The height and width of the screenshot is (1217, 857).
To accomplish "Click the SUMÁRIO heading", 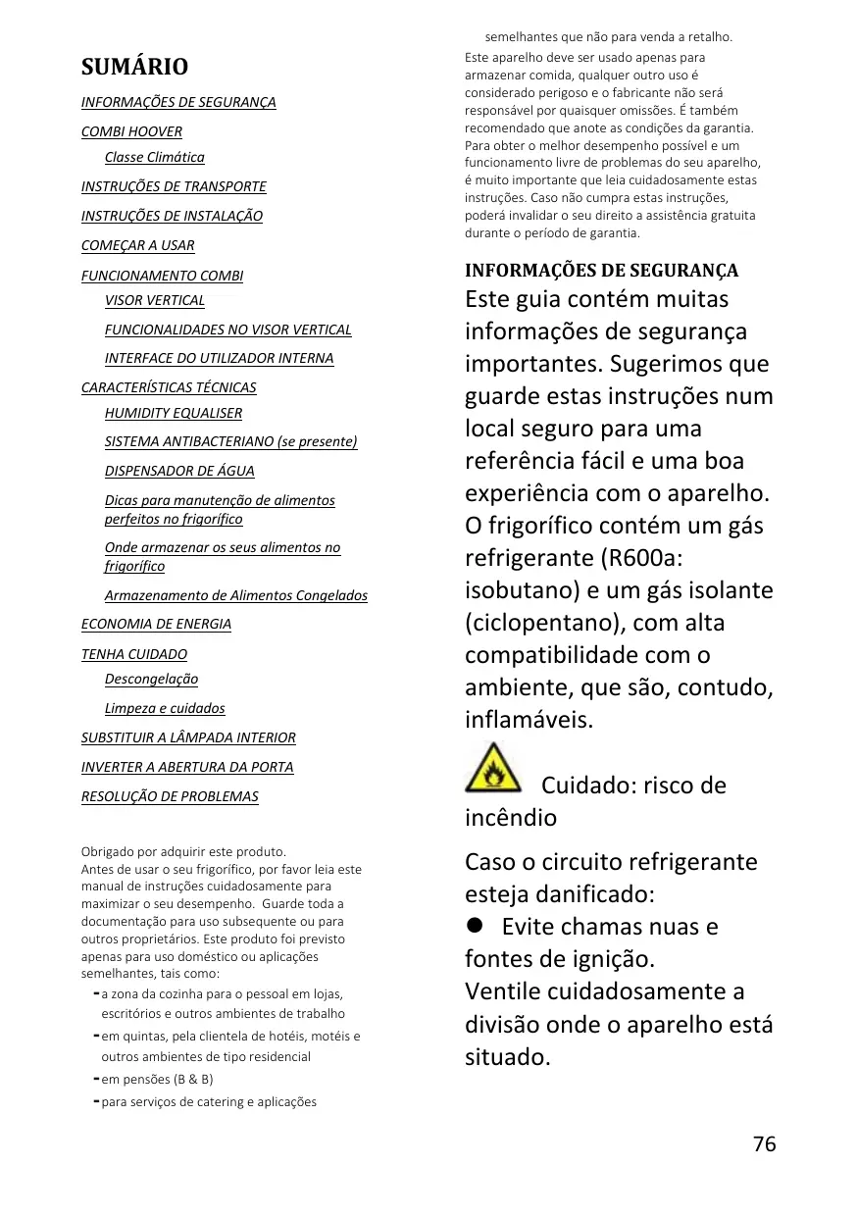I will pos(134,67).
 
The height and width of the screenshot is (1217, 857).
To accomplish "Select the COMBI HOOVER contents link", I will pos(131,131).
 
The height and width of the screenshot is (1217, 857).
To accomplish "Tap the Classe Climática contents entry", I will pos(154,157).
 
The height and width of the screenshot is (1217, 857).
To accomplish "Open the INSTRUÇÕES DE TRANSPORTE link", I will pos(174,186).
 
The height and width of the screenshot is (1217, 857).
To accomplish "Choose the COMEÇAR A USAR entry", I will pos(137,245).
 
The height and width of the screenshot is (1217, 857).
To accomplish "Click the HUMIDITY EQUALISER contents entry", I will pos(173,413).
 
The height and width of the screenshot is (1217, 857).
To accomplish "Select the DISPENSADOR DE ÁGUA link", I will pos(179,471).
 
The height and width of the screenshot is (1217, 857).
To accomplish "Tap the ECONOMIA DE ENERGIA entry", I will pos(156,624).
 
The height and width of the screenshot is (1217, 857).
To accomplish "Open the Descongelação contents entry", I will pos(151,679).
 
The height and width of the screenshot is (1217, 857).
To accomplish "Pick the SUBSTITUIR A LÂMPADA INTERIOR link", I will pos(188,737).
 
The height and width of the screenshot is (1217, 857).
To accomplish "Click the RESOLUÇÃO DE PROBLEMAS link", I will pos(170,796).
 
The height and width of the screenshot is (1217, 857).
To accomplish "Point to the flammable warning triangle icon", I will pos(493,768).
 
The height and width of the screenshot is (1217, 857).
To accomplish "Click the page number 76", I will pos(764,1144).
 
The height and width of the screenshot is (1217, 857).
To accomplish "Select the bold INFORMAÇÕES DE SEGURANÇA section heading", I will pos(601,271).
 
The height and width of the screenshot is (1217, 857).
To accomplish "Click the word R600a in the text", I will pos(640,558).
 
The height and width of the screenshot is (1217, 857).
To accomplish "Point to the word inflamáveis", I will pos(529,720).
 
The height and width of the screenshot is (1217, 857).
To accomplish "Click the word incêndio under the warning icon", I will pos(510,818).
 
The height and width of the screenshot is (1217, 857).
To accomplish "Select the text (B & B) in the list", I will pos(193,1079).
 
